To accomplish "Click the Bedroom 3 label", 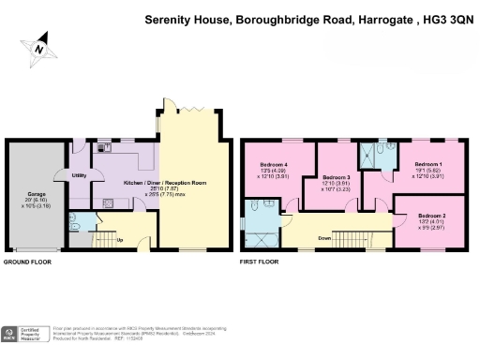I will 336,176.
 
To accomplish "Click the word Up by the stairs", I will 119,239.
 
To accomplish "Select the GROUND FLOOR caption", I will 28,262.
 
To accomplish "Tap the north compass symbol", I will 37,45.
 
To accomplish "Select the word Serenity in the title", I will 168,18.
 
